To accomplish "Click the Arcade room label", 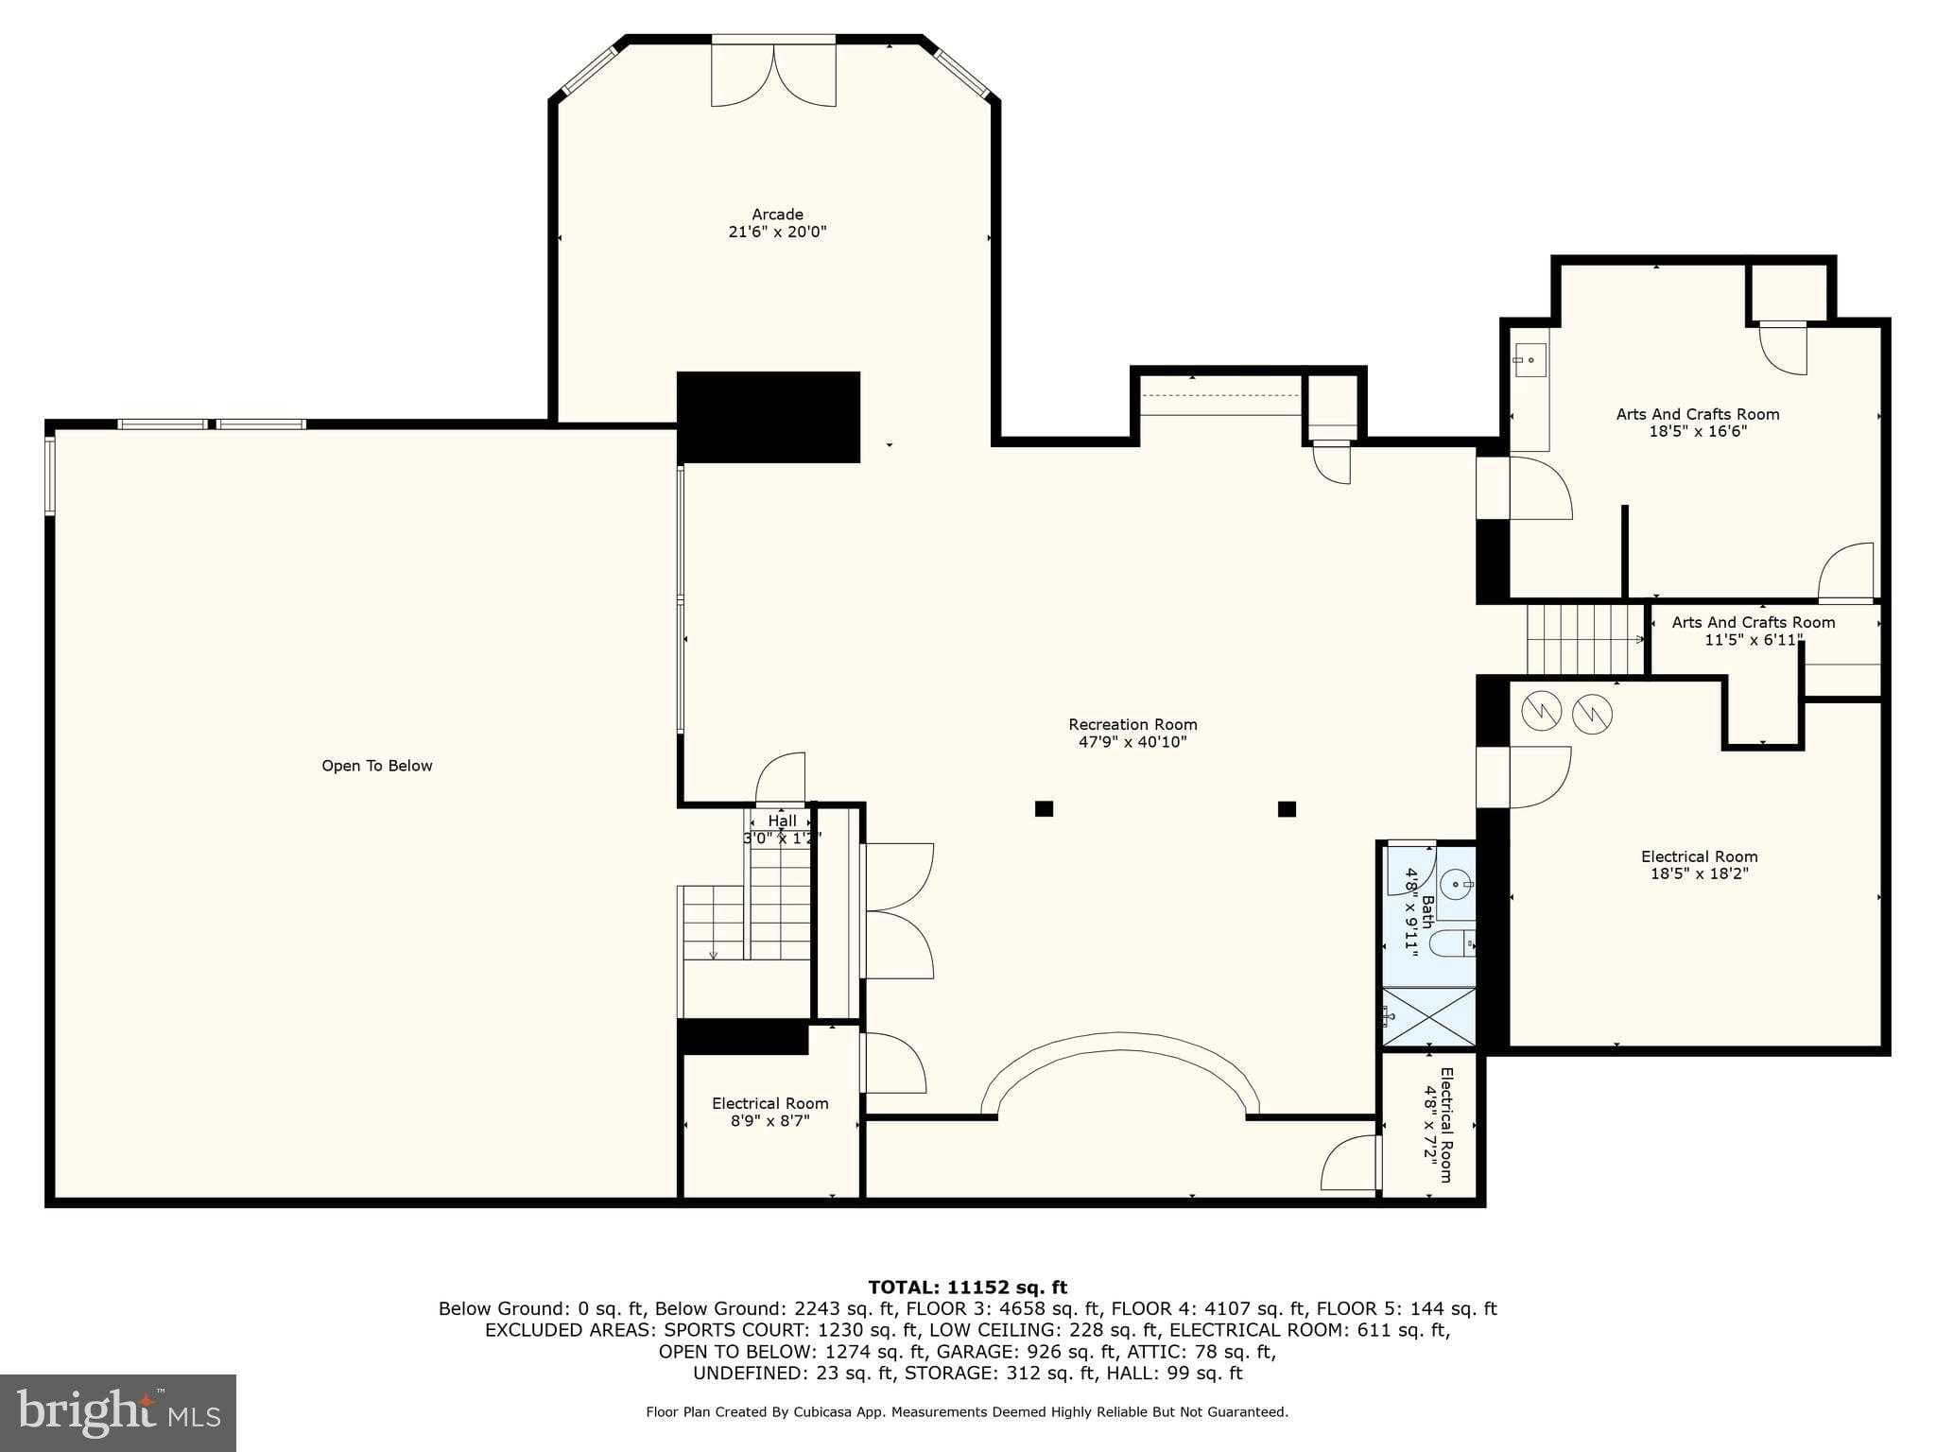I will click(x=777, y=215).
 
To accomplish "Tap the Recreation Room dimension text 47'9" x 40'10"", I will click(x=1132, y=742).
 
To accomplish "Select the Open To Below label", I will click(x=376, y=766).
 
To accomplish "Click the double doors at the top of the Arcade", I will click(x=773, y=75).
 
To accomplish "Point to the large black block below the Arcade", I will click(x=769, y=417).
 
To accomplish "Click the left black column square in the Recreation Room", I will click(x=1044, y=808).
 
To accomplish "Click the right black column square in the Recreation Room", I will click(x=1286, y=808).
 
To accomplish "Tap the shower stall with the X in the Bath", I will click(x=1428, y=1016).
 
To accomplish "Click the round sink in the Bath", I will click(x=1457, y=885).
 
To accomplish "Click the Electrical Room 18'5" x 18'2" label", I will click(x=1699, y=865).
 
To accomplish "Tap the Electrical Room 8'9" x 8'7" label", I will click(x=769, y=1112).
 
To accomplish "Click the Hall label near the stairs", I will click(x=782, y=821).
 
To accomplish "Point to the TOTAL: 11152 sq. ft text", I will click(x=967, y=1287).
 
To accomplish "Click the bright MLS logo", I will click(x=118, y=1412).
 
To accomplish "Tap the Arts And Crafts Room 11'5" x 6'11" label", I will click(x=1753, y=631).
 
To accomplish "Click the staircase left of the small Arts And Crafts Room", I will click(x=1585, y=639).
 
